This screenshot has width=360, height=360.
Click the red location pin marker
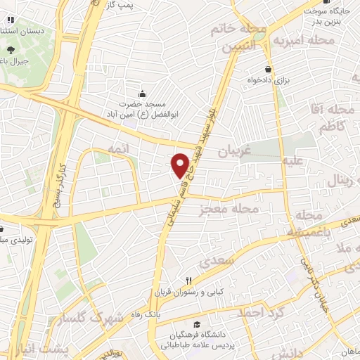point(180,165)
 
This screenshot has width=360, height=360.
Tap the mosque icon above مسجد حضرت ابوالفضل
point(143,94)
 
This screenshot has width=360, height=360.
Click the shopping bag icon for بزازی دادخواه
point(268,69)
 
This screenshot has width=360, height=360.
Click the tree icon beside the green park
point(11,50)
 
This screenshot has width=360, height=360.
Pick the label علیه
point(292,160)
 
